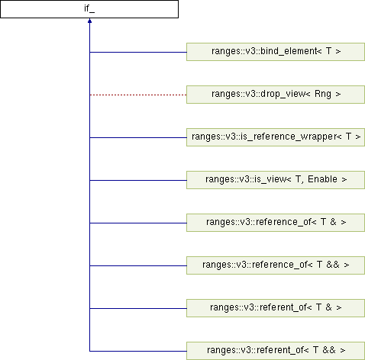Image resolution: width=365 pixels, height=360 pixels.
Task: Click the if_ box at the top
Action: [x=89, y=9]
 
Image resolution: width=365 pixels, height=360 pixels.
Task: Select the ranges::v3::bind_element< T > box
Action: [x=276, y=52]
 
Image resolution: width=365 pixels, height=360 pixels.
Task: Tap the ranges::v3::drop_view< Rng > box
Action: [x=276, y=95]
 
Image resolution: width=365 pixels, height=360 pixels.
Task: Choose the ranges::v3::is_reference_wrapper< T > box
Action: [x=276, y=137]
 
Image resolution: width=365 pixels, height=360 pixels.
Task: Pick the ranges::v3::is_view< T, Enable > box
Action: [x=276, y=180]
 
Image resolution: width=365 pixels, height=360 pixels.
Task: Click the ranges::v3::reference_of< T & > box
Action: [x=276, y=223]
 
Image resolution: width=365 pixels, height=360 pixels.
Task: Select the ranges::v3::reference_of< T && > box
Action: [x=276, y=265]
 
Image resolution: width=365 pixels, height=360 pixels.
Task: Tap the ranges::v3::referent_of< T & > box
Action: [x=276, y=308]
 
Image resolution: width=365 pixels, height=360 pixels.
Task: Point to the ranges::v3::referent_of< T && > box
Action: [x=276, y=351]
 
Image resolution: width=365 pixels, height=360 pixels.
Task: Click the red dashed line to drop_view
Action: [x=138, y=95]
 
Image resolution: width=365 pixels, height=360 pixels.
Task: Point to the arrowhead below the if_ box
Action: [x=89, y=21]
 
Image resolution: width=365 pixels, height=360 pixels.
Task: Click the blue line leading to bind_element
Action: [x=138, y=52]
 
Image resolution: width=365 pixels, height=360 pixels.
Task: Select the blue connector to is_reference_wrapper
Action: [x=138, y=137]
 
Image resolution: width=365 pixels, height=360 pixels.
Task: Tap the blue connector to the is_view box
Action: [x=138, y=180]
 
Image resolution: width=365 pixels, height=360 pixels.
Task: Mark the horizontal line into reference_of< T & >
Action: [x=138, y=223]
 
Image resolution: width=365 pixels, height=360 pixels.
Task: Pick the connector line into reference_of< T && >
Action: [x=138, y=265]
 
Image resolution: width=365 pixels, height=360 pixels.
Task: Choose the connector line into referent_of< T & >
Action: [x=138, y=308]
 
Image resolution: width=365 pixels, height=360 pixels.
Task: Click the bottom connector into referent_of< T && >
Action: [x=138, y=351]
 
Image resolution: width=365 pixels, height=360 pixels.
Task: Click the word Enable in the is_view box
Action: [x=322, y=179]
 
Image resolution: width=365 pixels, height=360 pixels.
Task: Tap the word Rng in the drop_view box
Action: [x=323, y=94]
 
